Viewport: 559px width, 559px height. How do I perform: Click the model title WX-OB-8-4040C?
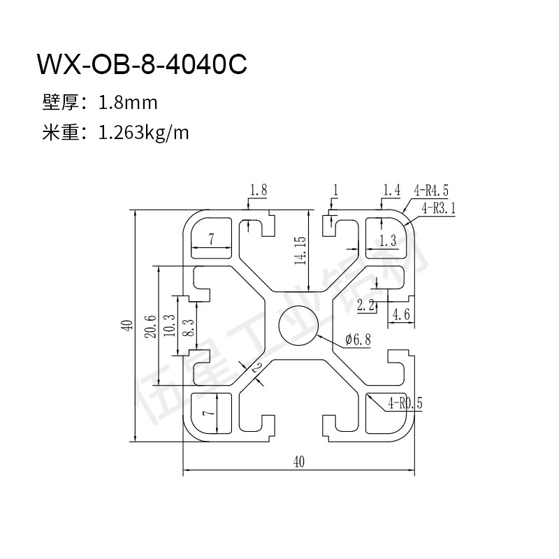pos(142,64)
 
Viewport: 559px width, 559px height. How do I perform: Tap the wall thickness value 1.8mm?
pos(128,103)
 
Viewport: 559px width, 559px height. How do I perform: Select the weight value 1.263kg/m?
pos(143,133)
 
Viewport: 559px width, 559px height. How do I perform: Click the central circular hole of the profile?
pos(298,325)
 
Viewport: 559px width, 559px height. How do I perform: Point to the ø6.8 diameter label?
pos(358,339)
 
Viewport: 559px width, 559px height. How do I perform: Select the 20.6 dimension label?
pos(150,326)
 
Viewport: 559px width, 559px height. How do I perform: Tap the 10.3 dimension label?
pos(170,326)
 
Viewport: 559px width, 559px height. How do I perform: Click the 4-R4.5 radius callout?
pos(430,191)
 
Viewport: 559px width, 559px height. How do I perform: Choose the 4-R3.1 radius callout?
pos(439,208)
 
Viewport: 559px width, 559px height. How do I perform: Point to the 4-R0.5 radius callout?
pos(405,403)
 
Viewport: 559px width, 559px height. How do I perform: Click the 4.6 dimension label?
pos(400,314)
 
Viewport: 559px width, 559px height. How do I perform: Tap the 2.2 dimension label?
pos(365,305)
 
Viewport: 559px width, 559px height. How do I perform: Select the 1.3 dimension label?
pos(388,240)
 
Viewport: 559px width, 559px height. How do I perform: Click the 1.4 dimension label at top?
pos(392,190)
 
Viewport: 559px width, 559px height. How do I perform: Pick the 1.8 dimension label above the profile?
pos(259,189)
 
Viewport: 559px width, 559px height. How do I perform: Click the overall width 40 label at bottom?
pos(299,462)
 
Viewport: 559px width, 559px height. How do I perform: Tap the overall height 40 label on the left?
pos(128,325)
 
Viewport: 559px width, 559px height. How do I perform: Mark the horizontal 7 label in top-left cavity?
pos(212,239)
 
